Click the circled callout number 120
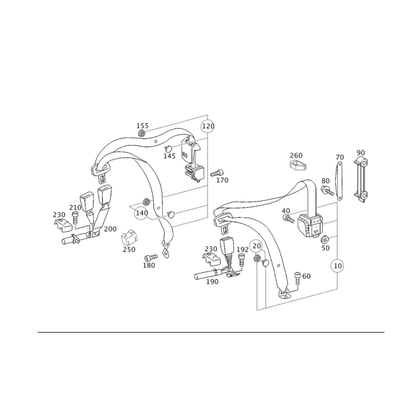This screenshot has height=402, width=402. (x=208, y=126)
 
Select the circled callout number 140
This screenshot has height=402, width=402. (x=142, y=213)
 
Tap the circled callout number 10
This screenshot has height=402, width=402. (x=338, y=266)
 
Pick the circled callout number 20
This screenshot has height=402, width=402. (x=256, y=246)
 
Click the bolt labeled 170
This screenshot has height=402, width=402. (x=217, y=173)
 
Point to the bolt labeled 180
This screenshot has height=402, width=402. (x=151, y=257)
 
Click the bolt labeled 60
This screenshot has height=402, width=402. (x=297, y=278)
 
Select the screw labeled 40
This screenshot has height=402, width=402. (x=288, y=219)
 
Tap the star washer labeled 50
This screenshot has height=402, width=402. (x=325, y=240)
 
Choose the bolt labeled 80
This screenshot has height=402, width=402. (x=328, y=190)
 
